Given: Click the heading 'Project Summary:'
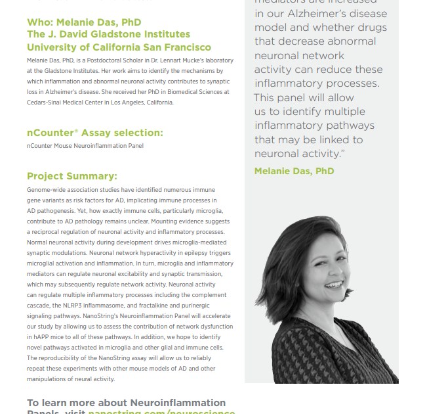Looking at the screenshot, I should click(72, 176).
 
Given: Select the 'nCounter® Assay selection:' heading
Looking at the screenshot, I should click(95, 133).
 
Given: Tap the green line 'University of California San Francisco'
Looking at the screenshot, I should click(119, 47).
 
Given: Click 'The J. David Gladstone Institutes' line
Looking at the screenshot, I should click(108, 34).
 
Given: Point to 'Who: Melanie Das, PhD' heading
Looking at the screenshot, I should click(84, 22).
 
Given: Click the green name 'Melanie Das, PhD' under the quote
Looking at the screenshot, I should click(294, 171).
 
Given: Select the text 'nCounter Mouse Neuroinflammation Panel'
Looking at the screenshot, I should click(85, 146).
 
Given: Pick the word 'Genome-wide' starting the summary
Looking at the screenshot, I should click(45, 190).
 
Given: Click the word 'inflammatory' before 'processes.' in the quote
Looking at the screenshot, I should click(289, 83).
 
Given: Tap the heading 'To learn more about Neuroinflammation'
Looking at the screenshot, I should click(126, 403).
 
